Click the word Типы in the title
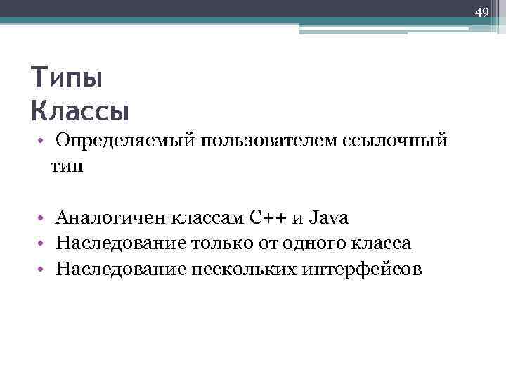point(67,77)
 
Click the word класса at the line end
point(386,243)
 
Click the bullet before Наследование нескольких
point(43,269)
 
